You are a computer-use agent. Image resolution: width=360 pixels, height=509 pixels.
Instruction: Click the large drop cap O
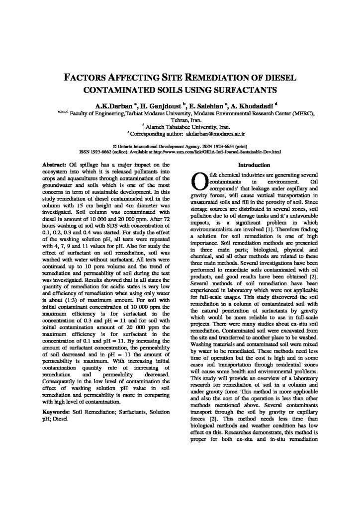pyautogui.click(x=198, y=181)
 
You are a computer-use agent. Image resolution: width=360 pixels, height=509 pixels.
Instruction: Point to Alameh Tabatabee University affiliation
pyautogui.click(x=180, y=127)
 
